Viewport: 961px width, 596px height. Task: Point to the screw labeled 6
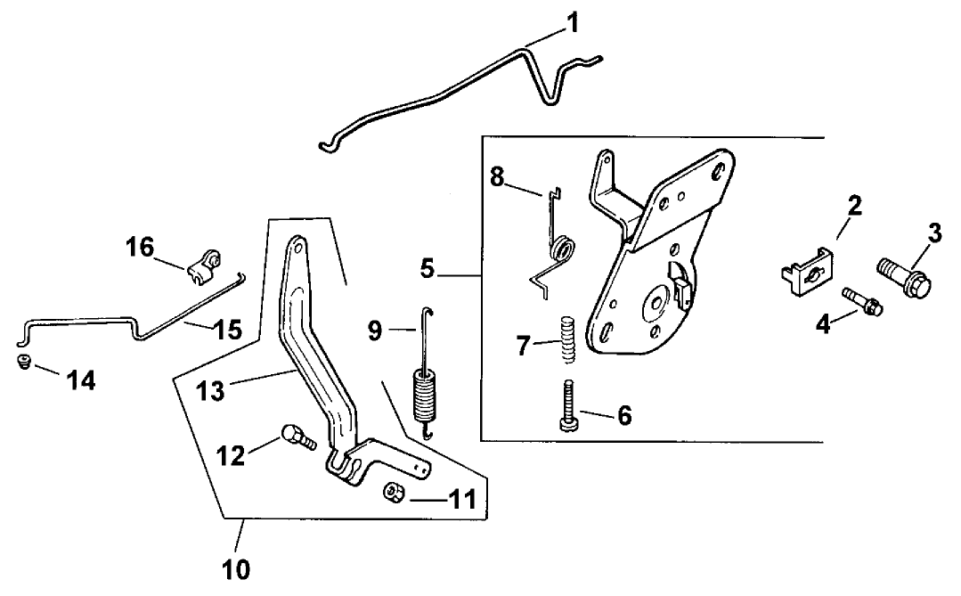point(567,405)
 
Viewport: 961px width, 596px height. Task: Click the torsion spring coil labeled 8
point(562,251)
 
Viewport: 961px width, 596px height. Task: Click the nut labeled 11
point(391,492)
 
